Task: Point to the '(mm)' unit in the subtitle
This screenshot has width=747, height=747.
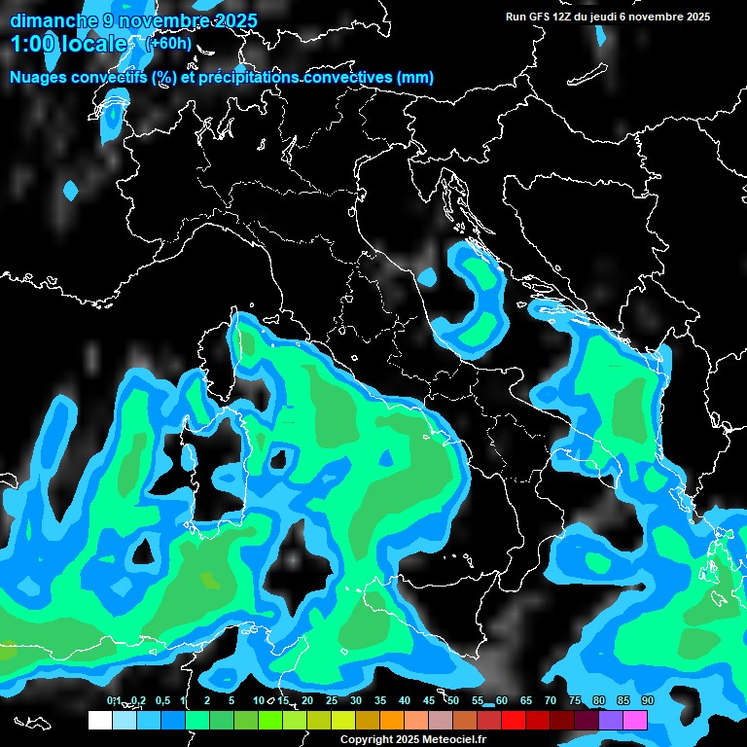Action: tap(414, 78)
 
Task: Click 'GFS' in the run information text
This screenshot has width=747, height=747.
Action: tap(540, 17)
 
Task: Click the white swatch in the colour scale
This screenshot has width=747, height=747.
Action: tap(99, 720)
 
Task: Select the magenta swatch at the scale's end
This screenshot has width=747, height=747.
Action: tap(634, 720)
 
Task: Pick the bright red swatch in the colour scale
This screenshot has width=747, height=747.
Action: tap(513, 720)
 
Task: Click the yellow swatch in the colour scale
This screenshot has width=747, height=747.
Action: tap(342, 720)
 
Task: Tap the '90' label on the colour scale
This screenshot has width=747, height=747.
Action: tap(647, 700)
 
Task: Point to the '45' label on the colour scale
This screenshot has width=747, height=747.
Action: tap(429, 700)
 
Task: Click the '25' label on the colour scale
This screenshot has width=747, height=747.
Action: tap(332, 700)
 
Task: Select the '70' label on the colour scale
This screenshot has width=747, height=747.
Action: tap(551, 700)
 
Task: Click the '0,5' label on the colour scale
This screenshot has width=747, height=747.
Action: tap(161, 700)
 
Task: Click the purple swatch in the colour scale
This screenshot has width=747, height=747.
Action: tap(610, 720)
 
